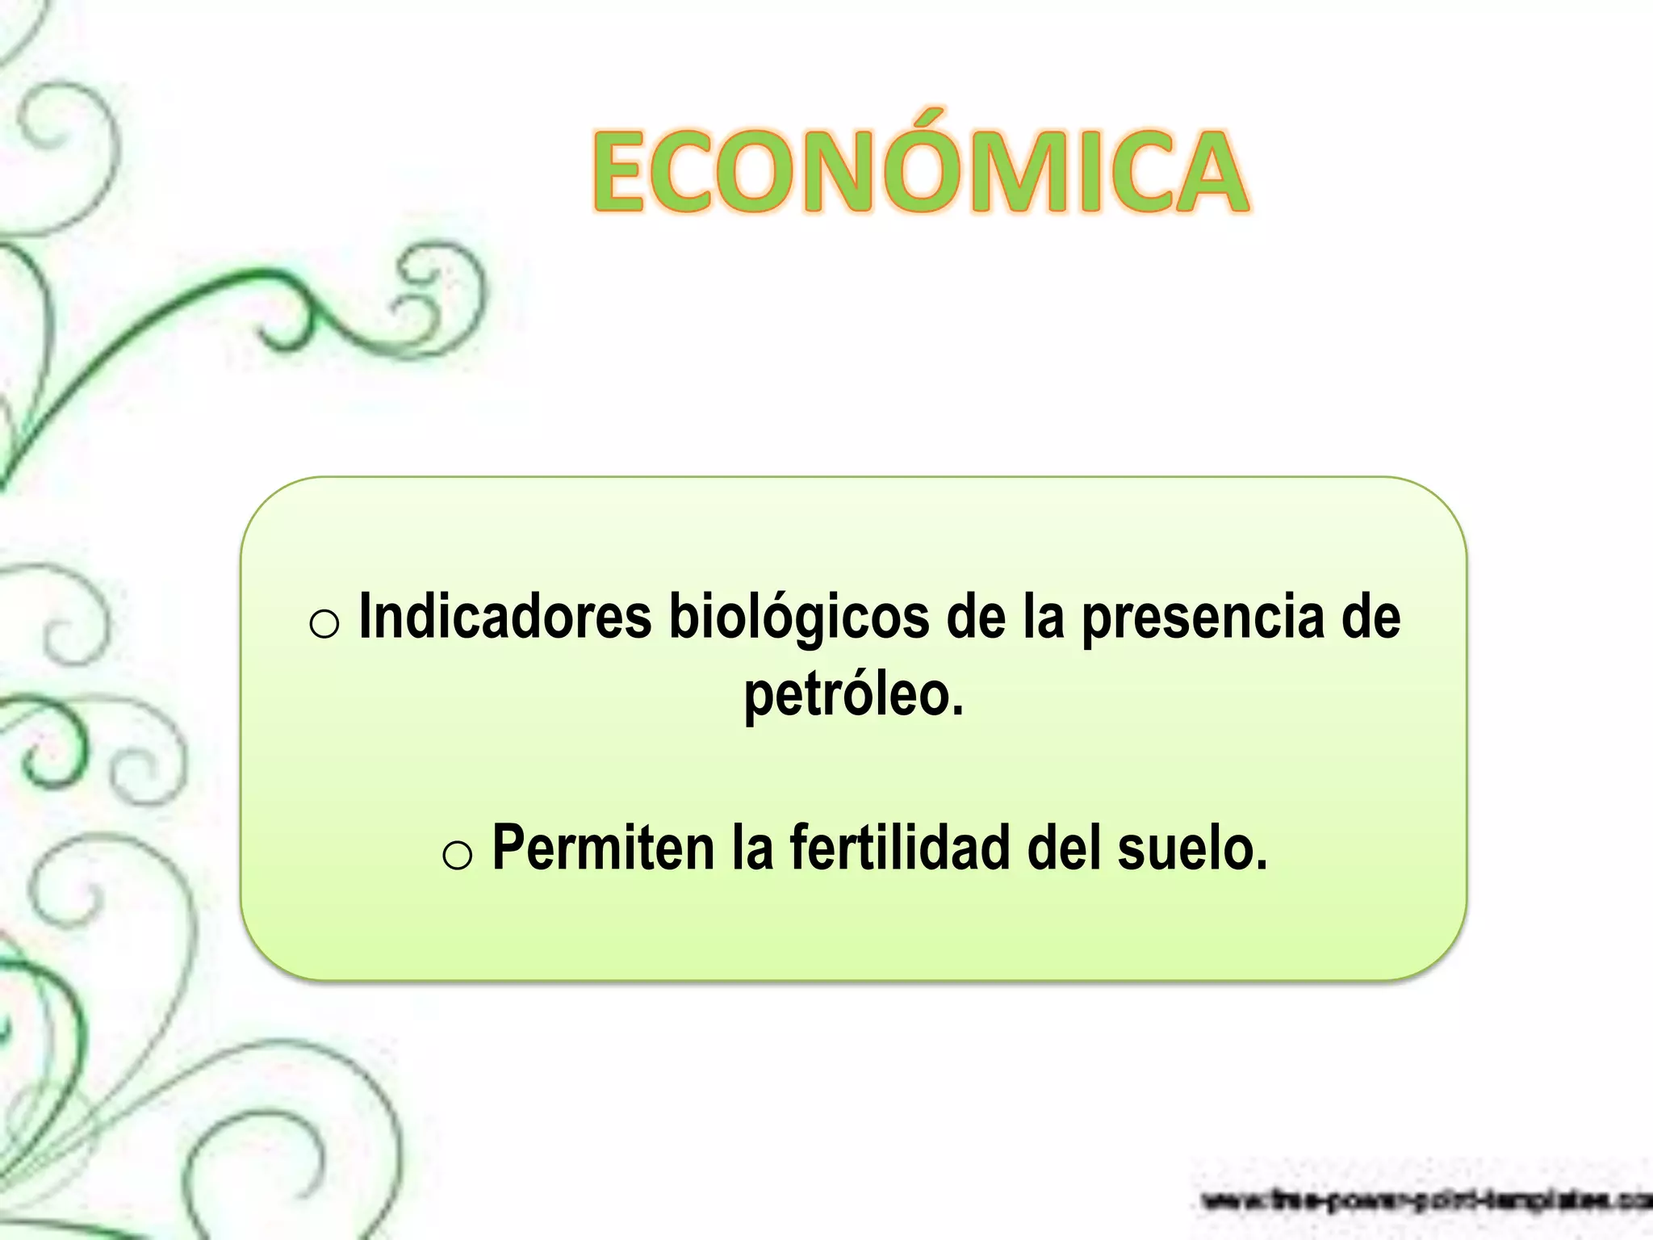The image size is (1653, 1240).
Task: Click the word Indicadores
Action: [505, 618]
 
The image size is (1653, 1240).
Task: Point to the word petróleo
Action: [854, 694]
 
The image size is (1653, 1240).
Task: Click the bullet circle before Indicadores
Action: [324, 624]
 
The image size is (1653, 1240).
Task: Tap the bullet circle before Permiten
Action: [458, 854]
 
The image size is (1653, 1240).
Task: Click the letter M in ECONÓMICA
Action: [1033, 174]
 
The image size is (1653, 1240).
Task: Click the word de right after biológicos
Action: [976, 618]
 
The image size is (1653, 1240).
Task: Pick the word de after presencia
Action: [1371, 618]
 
